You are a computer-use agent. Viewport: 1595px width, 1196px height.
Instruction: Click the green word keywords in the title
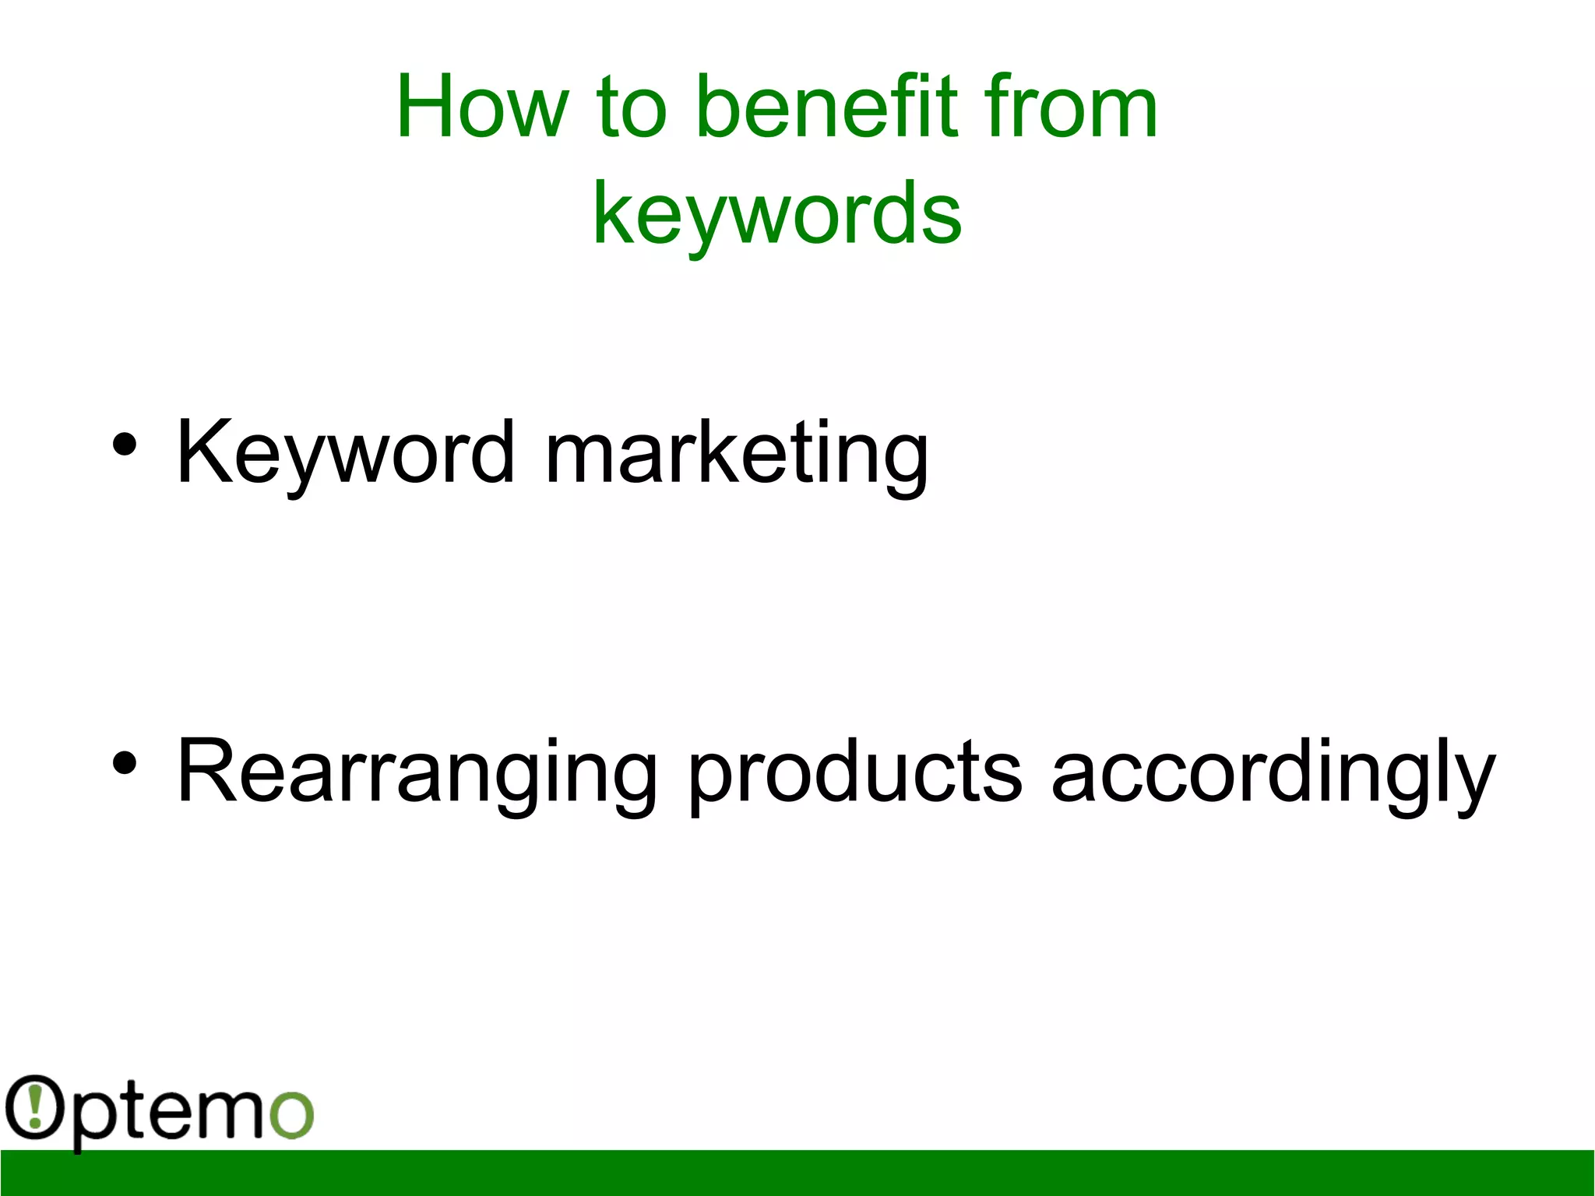[x=777, y=212]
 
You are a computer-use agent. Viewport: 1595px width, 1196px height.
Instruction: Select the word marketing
[x=736, y=453]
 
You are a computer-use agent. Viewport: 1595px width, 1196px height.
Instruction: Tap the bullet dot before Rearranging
[x=124, y=763]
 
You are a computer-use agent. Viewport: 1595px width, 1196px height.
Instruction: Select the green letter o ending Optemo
[x=291, y=1114]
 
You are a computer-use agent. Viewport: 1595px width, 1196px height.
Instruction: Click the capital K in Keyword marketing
[x=203, y=452]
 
